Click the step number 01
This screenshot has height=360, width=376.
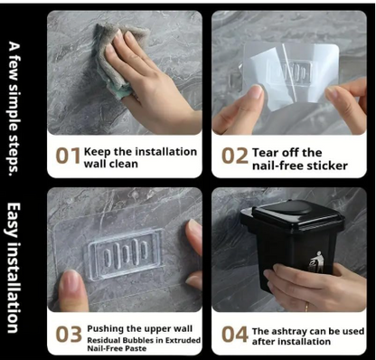click(68, 156)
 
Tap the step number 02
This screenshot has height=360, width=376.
click(233, 156)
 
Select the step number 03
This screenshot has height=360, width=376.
click(68, 334)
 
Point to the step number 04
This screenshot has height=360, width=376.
click(234, 334)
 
